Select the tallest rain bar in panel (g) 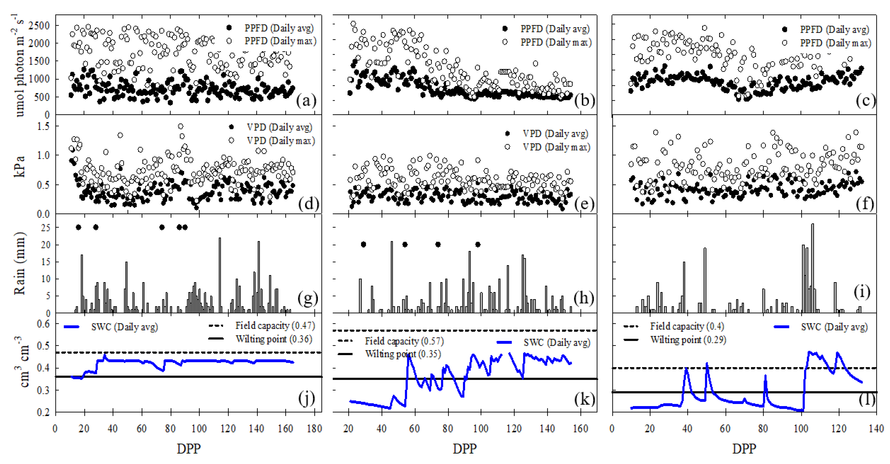pyautogui.click(x=220, y=275)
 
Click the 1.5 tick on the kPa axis pyautogui.click(x=43, y=126)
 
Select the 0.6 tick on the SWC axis pyautogui.click(x=43, y=324)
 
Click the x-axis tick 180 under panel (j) pyautogui.click(x=314, y=429)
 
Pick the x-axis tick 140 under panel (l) pyautogui.click(x=876, y=429)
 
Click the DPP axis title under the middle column pyautogui.click(x=464, y=449)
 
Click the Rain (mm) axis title pyautogui.click(x=20, y=263)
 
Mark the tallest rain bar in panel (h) pyautogui.click(x=392, y=277)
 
